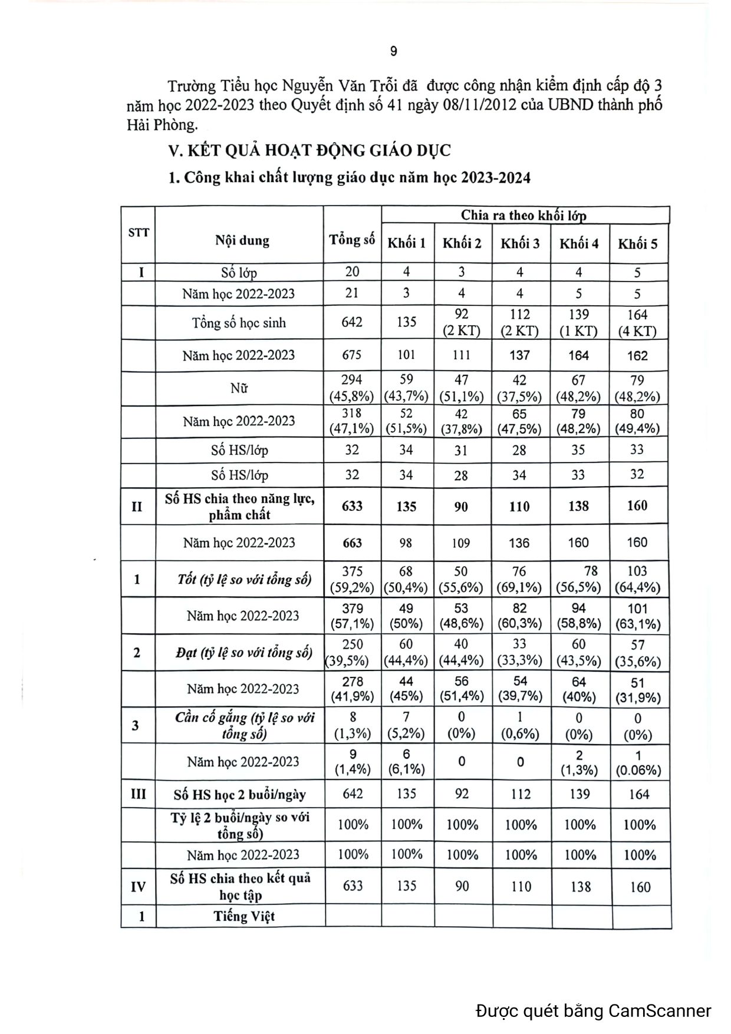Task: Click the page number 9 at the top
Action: point(394,52)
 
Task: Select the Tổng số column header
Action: point(352,240)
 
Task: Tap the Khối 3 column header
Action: point(520,243)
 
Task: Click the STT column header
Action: point(139,233)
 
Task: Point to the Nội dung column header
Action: point(242,240)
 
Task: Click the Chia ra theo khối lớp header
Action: point(523,215)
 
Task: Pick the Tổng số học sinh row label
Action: point(239,323)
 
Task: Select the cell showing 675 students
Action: point(351,355)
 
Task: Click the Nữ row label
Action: point(239,388)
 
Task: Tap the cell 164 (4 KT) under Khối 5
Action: point(637,323)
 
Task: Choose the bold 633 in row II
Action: point(352,506)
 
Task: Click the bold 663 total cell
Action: point(352,543)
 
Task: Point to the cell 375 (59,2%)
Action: point(352,579)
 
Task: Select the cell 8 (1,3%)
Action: point(353,725)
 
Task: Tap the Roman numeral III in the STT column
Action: point(138,794)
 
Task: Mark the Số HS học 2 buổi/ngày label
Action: point(240,795)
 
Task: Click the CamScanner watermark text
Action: point(594,1011)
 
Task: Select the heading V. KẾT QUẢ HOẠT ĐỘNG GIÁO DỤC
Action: point(309,151)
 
